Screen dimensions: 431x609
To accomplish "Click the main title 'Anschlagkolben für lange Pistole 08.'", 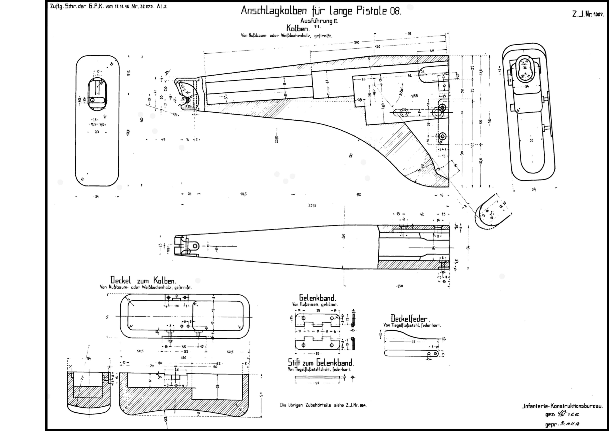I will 320,11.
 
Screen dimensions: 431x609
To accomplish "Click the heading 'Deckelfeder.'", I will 410,318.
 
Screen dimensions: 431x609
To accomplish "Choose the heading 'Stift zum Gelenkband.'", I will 321,362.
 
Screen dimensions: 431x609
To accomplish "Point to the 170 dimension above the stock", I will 377,47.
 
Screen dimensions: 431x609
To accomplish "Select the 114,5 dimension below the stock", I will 243,194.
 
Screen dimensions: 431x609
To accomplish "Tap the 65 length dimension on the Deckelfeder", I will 413,342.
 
